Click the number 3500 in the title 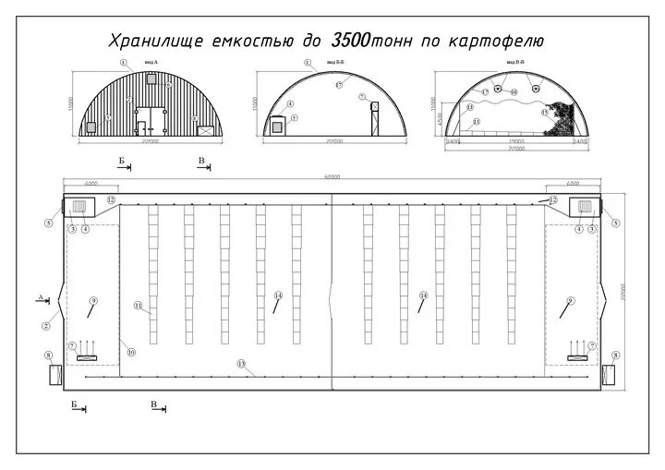coord(350,41)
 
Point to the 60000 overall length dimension coord(332,176)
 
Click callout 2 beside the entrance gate coord(45,326)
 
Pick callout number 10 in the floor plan coord(131,352)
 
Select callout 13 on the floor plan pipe coord(241,364)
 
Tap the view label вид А coord(151,63)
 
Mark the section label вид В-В coord(515,63)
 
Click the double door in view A coord(145,119)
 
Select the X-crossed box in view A coord(207,130)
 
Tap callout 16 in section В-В coord(514,92)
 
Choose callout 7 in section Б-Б coord(363,96)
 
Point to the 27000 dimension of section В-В coord(515,151)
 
